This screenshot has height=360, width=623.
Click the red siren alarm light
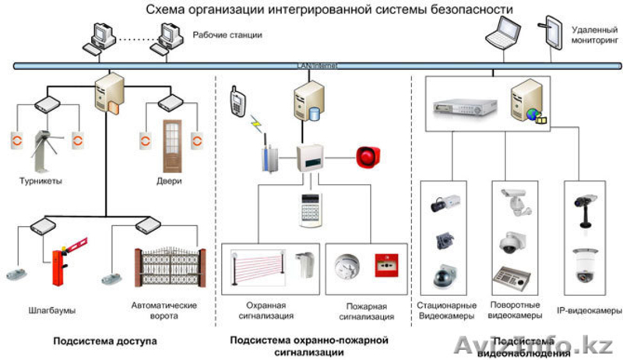[x=368, y=156]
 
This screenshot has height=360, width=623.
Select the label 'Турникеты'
[x=41, y=181]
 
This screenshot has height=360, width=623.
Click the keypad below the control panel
[x=311, y=209]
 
